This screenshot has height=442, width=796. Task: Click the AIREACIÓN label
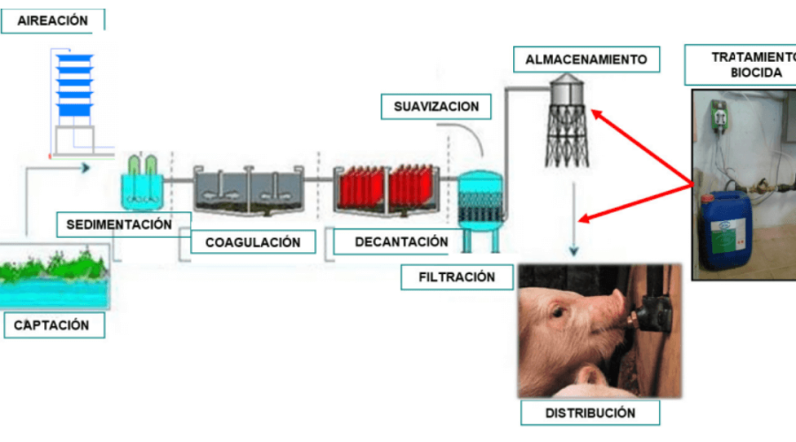[52, 20]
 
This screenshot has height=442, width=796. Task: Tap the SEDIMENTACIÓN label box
[119, 225]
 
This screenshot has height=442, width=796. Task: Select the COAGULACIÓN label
[252, 241]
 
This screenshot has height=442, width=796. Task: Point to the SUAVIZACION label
[437, 107]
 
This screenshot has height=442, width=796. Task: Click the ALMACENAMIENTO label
[586, 60]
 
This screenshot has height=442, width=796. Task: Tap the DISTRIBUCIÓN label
[590, 412]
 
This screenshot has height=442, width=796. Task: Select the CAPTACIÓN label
[52, 325]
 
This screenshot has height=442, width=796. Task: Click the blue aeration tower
[74, 86]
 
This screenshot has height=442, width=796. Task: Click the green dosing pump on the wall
[719, 113]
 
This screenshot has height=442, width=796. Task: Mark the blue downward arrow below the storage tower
[576, 212]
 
